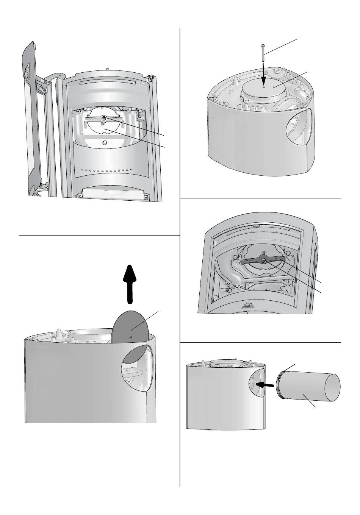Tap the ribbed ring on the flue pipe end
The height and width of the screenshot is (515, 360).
[x=280, y=385]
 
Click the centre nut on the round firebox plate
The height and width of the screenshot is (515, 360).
[x=103, y=118]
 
